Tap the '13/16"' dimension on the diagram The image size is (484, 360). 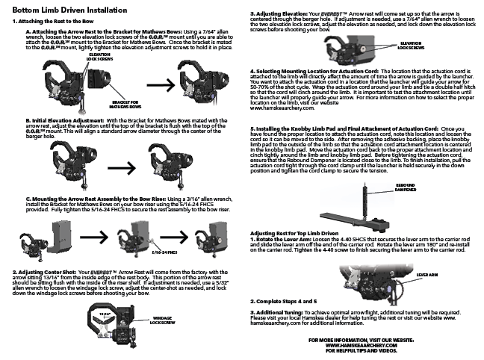tap(92, 314)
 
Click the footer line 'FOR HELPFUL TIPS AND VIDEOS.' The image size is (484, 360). tap(362, 350)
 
